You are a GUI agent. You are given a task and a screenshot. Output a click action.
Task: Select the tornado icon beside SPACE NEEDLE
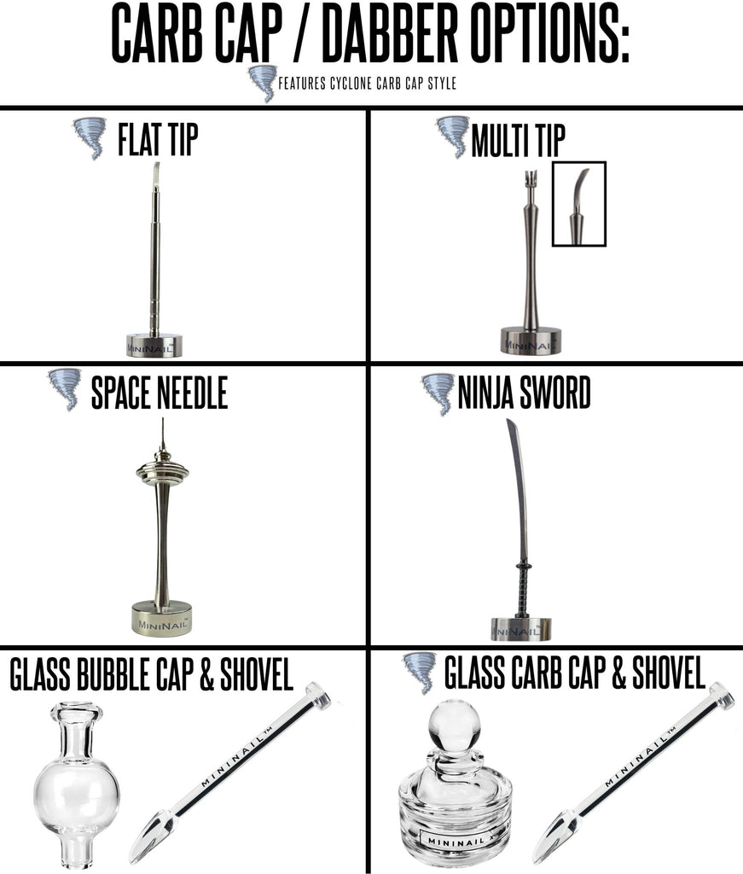(x=65, y=389)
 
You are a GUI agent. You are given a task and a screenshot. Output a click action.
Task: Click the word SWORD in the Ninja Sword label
(x=554, y=393)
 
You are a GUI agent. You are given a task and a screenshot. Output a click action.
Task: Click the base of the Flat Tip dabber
(x=155, y=345)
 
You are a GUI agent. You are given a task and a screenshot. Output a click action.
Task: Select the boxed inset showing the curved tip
(x=579, y=204)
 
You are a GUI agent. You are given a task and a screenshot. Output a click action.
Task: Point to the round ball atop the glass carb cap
(x=454, y=725)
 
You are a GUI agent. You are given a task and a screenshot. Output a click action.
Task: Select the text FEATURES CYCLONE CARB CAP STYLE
(x=367, y=84)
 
